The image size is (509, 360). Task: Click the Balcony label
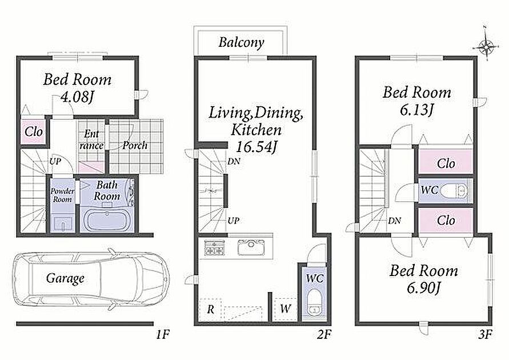(241, 42)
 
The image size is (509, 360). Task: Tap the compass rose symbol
(486, 47)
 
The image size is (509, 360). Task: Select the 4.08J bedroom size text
(78, 97)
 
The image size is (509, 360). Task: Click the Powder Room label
(62, 195)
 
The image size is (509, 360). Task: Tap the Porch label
(135, 145)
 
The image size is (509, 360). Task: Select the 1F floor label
(162, 334)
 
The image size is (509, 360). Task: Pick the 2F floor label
(324, 334)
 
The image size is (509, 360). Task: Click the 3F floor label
(485, 334)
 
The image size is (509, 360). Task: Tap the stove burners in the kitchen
(214, 247)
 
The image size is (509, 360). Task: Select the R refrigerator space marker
(210, 309)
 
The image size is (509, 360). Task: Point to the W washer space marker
(285, 308)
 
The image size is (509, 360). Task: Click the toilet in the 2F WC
(314, 302)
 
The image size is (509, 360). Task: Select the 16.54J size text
(256, 147)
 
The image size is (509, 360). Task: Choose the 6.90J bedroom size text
(424, 287)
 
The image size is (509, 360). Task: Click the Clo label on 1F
(34, 132)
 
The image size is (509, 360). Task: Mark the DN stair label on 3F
(394, 221)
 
